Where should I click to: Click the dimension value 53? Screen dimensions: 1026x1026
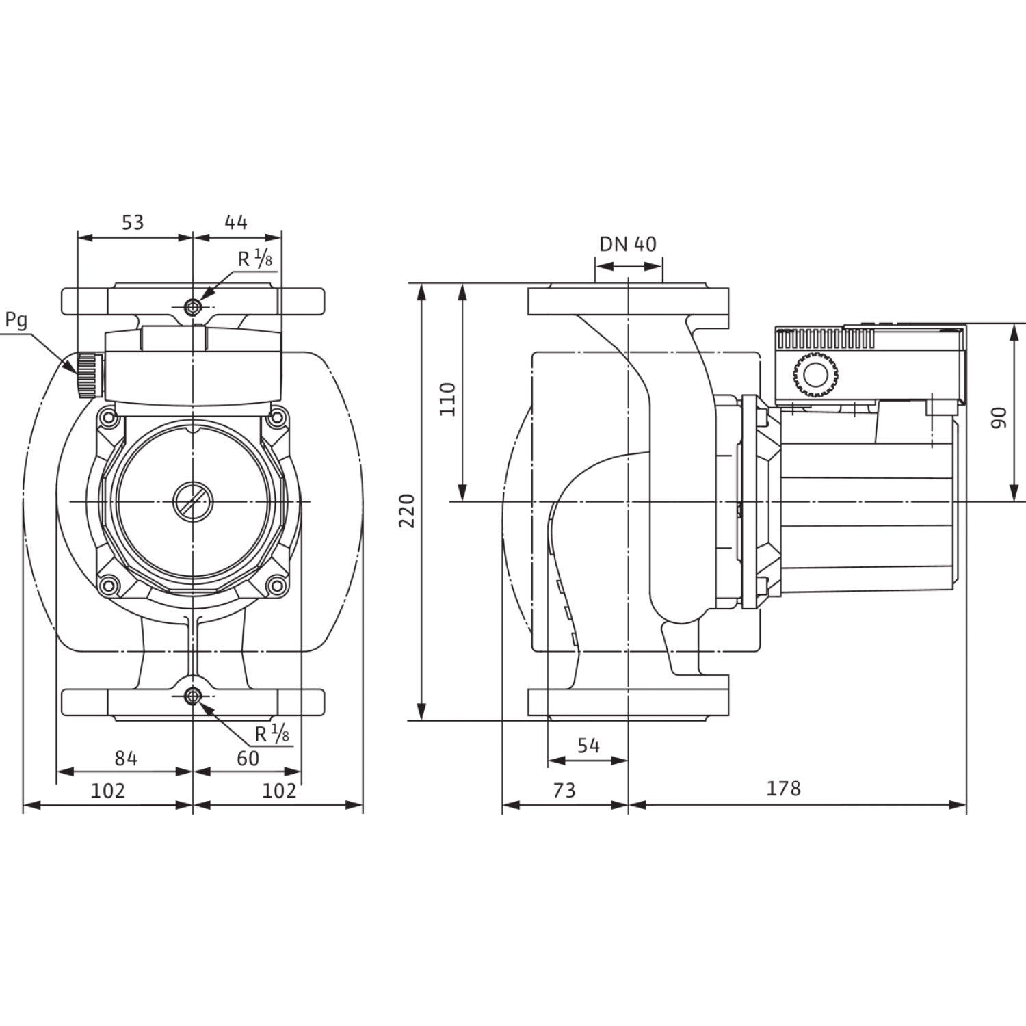click(x=133, y=222)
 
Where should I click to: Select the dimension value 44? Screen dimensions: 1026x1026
click(x=236, y=222)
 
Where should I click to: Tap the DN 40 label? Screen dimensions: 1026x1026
click(x=628, y=244)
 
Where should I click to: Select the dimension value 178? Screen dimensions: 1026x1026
click(x=783, y=789)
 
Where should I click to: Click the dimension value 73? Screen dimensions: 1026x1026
click(x=564, y=791)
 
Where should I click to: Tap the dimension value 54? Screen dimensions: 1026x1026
click(x=588, y=746)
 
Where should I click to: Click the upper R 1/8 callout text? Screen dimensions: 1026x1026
click(x=255, y=259)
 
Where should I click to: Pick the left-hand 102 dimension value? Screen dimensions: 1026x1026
click(x=108, y=791)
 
